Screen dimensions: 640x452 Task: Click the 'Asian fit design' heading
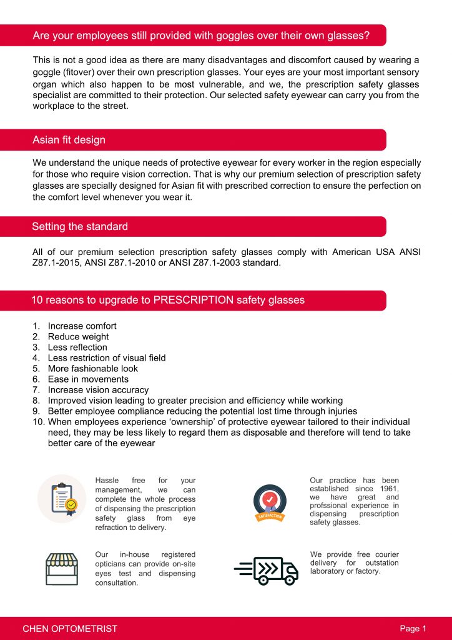pos(69,140)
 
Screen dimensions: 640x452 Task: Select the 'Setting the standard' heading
pos(80,226)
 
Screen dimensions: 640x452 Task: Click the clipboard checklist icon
pos(62,498)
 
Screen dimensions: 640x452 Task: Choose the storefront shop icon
pos(61,567)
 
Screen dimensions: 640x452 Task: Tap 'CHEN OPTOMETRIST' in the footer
pos(70,628)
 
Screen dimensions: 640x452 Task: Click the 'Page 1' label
pos(413,628)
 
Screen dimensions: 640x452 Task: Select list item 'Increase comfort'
pos(82,326)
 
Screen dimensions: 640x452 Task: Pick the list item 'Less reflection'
pos(77,347)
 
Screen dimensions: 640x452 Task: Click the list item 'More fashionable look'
pos(93,368)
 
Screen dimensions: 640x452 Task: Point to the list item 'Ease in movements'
pos(88,379)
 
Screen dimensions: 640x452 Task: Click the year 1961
pos(388,489)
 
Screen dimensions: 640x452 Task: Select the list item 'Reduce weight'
pos(78,336)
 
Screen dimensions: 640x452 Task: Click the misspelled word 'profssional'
pos(329,506)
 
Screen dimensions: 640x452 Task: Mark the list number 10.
pos(37,421)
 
